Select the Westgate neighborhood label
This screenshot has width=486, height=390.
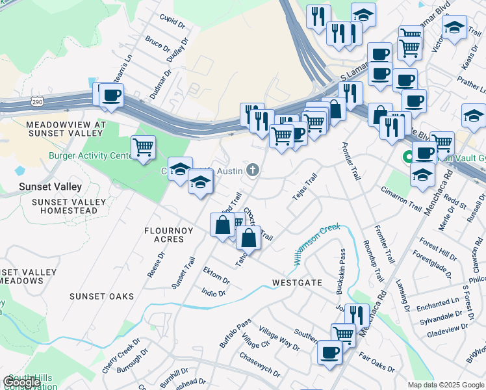coord(297,283)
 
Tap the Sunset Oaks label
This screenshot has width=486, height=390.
coord(101,296)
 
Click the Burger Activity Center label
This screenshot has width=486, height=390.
coord(91,156)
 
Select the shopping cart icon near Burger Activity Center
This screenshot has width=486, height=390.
coord(143,146)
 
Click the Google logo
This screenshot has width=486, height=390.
coord(21,382)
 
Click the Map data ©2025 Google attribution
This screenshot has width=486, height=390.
coord(446,385)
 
